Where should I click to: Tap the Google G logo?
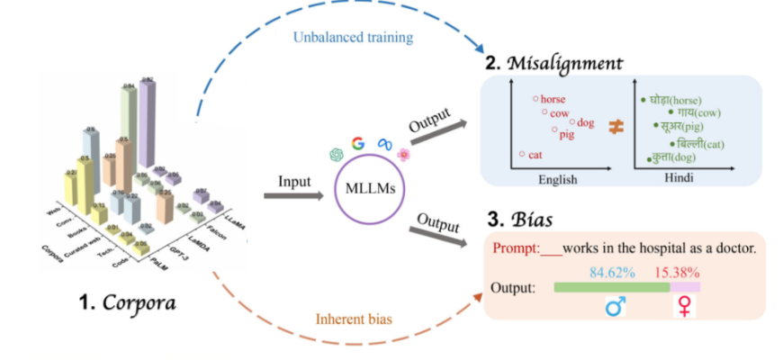(x=358, y=143)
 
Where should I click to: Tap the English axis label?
(x=558, y=180)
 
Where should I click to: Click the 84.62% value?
(x=612, y=271)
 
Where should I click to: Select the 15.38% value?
(x=681, y=271)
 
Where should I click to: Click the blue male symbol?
(x=616, y=308)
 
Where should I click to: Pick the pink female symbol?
(x=685, y=308)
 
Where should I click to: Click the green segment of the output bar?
(x=612, y=287)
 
